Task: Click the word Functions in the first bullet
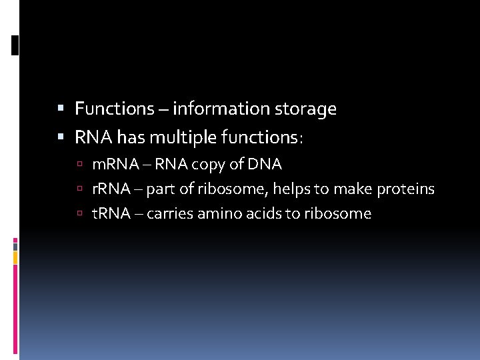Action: tap(114, 109)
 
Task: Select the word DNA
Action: tap(265, 164)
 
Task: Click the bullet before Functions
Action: tap(61, 109)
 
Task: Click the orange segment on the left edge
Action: tap(15, 257)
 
